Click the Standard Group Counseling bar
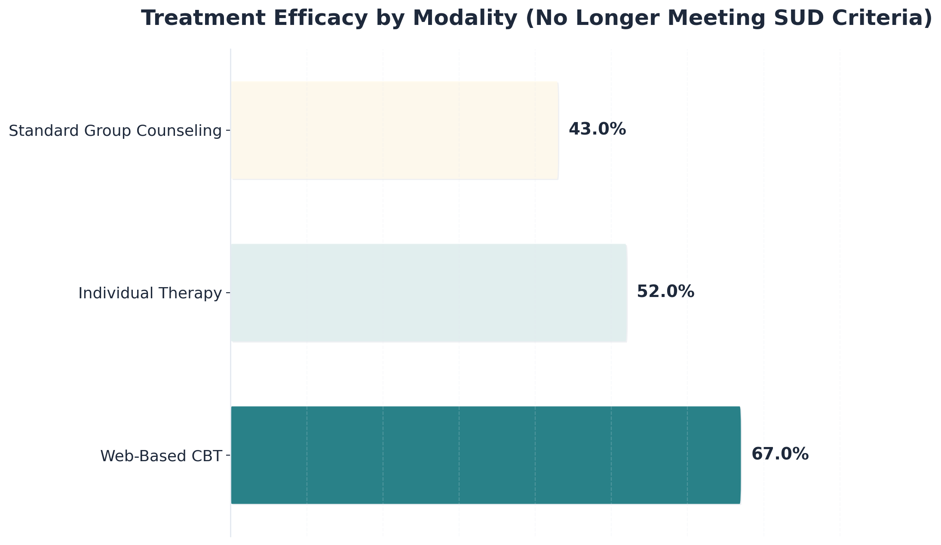tap(395, 130)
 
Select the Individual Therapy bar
tap(429, 293)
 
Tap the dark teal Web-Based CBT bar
tap(486, 455)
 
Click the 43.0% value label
tap(597, 129)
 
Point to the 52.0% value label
tap(665, 291)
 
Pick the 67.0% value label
tap(780, 454)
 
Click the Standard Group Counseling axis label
tap(115, 131)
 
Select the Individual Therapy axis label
tap(150, 293)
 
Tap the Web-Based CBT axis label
tap(161, 456)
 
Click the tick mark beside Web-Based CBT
tap(228, 455)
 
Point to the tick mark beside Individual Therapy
tap(228, 293)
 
